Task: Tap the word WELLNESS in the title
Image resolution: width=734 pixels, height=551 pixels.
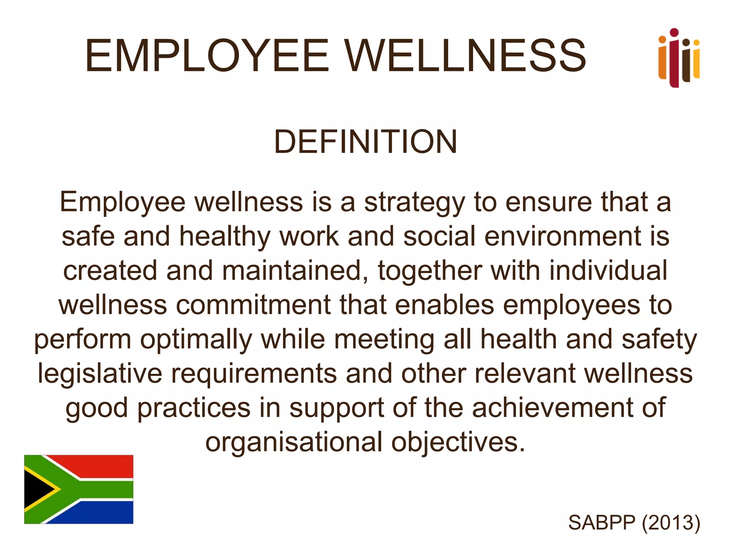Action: (x=466, y=56)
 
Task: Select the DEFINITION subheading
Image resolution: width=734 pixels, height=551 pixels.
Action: (x=365, y=142)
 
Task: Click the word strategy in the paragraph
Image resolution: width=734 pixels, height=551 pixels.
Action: (x=414, y=203)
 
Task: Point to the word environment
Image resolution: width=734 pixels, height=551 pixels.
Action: (x=562, y=237)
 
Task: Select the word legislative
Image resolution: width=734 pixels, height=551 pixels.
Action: (x=100, y=374)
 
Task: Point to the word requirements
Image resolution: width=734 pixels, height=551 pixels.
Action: (x=254, y=374)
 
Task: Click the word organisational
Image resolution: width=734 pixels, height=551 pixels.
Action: (x=294, y=442)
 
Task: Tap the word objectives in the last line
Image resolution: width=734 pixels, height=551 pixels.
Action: (x=458, y=442)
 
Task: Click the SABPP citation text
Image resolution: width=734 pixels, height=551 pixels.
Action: (x=602, y=522)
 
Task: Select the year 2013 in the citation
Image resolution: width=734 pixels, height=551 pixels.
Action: (x=671, y=522)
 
